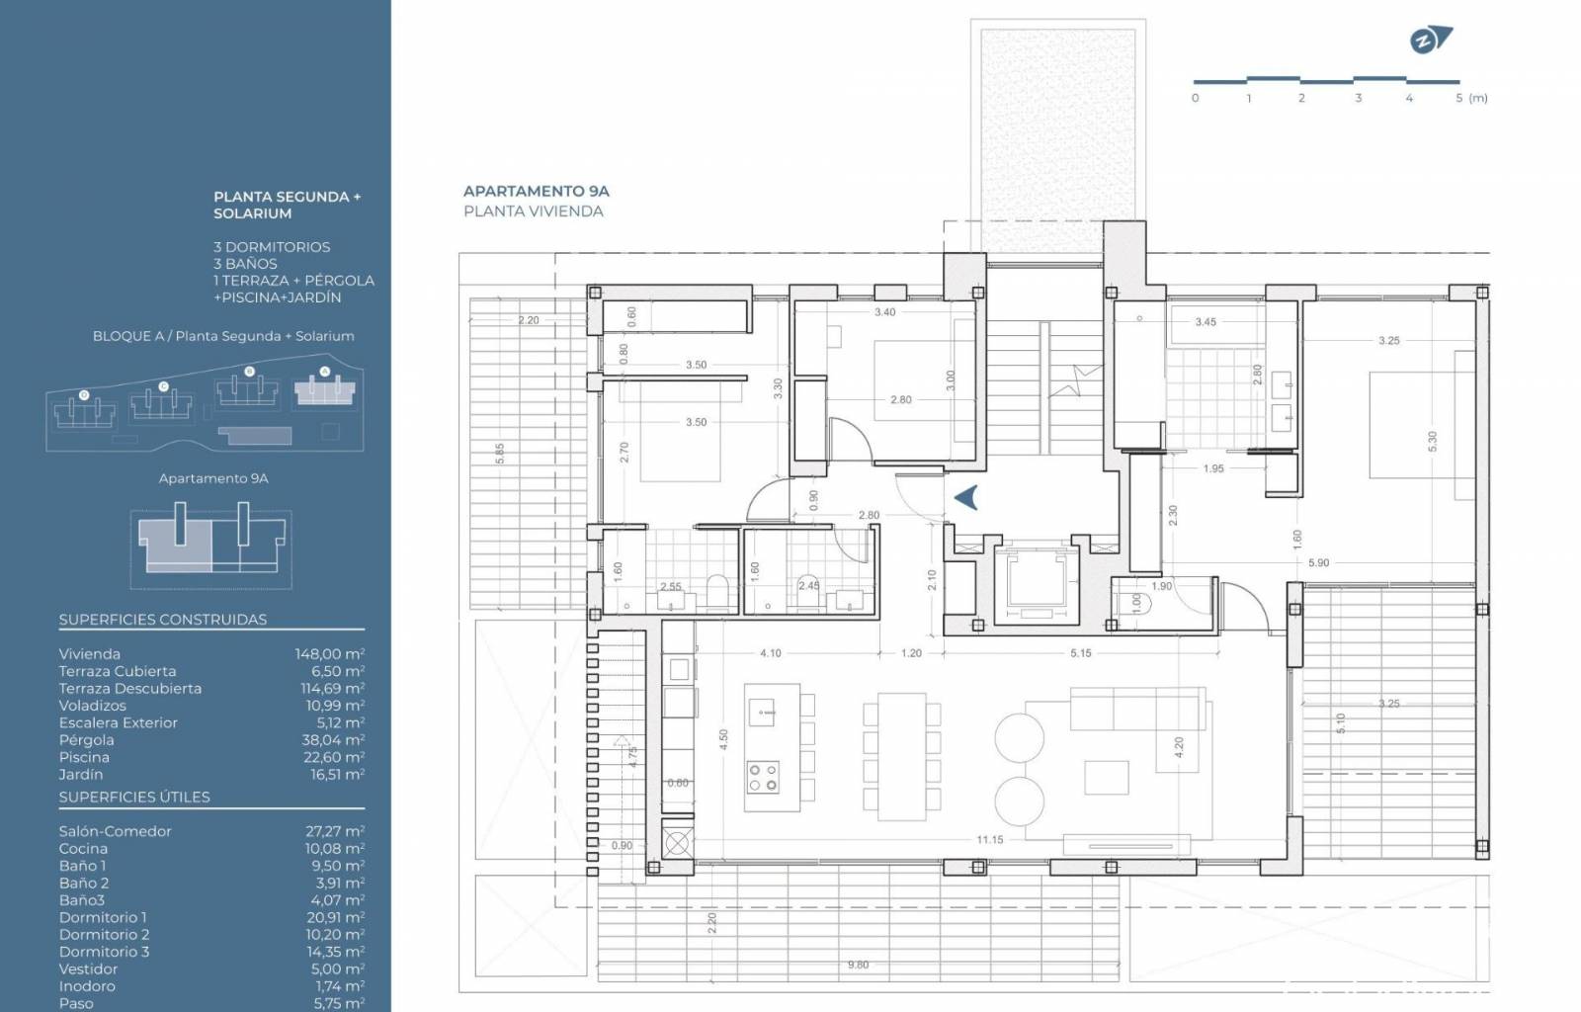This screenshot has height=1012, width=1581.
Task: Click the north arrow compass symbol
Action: pos(1430,41)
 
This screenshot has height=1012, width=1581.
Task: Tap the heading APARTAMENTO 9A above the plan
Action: pos(536,191)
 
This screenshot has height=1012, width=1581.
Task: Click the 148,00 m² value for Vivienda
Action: pos(330,654)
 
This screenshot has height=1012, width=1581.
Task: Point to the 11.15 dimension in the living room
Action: pos(989,840)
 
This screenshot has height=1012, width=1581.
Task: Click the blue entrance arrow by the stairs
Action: pos(966,497)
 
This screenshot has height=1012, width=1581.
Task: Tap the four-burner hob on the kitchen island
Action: pos(762,777)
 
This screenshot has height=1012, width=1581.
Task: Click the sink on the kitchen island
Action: pos(763,713)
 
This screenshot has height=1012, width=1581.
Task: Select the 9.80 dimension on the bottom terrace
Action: pos(859,965)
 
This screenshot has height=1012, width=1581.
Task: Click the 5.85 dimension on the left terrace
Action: pos(500,453)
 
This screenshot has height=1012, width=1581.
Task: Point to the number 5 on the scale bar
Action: pos(1458,98)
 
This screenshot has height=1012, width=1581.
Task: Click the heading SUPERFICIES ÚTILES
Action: pos(134,797)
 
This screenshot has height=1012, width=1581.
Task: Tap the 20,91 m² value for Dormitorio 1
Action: pos(335,917)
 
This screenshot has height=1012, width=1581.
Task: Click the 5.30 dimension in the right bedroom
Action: pos(1432,442)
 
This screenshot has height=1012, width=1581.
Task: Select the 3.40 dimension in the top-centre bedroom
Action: pos(885,312)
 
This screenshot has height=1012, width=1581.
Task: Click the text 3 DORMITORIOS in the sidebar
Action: pos(272,247)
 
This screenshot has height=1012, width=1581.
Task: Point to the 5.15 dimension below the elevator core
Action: pos(1081,653)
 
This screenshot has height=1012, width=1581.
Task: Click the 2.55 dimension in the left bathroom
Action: pos(671,586)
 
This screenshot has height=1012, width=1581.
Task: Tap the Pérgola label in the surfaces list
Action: pos(86,739)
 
